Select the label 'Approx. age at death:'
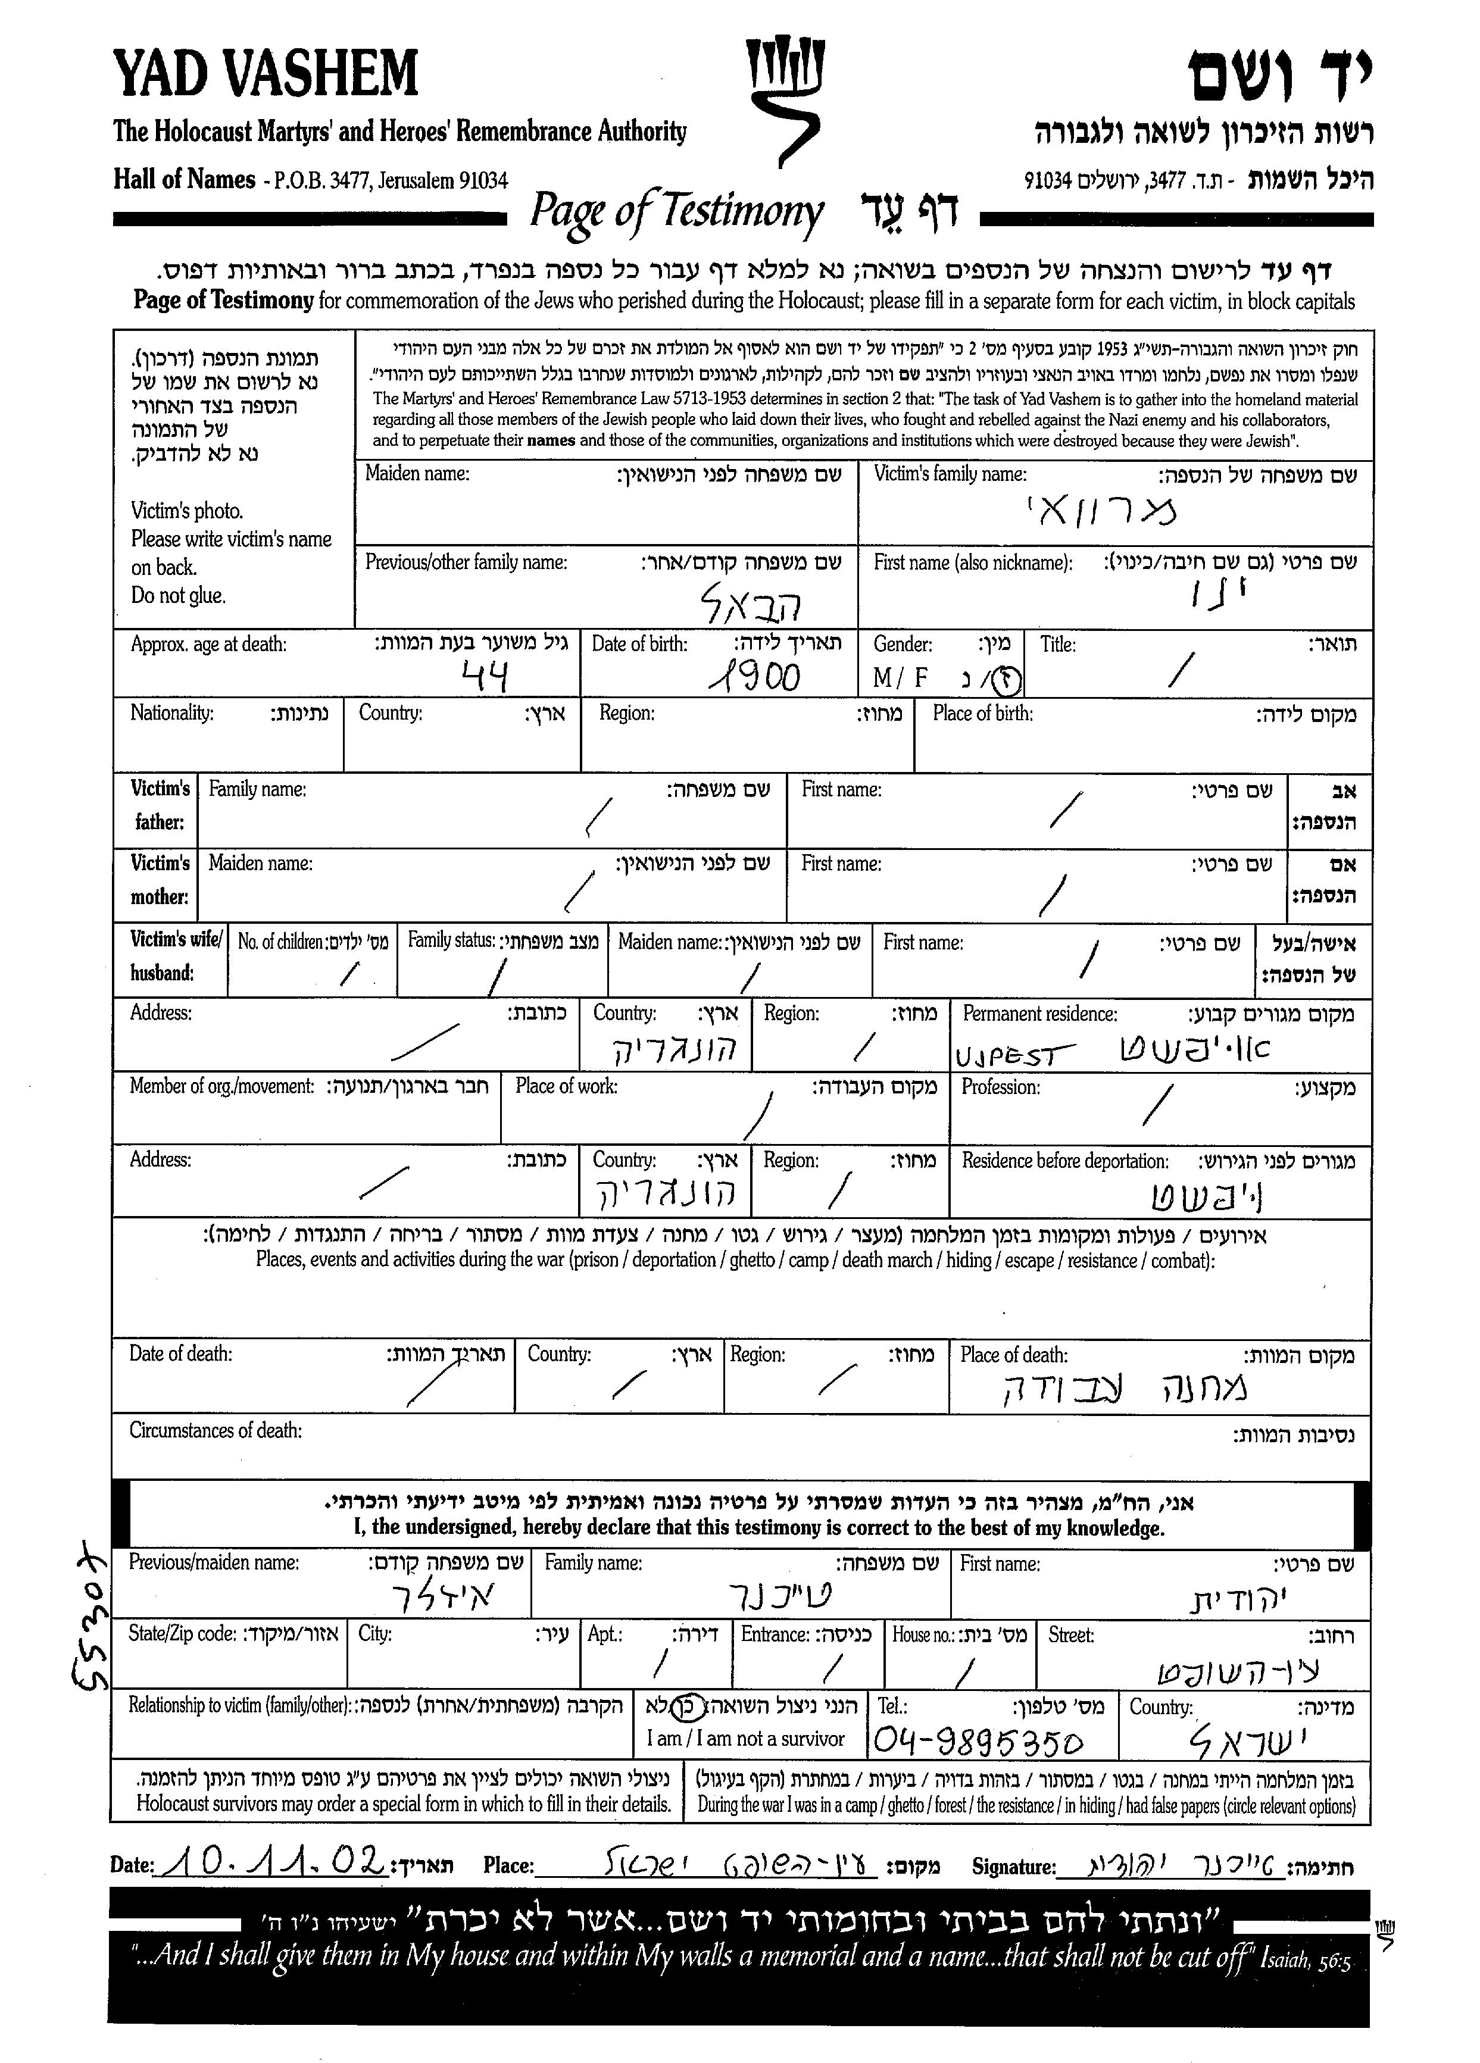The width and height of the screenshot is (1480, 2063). [x=208, y=644]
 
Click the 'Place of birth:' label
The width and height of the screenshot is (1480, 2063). [x=982, y=713]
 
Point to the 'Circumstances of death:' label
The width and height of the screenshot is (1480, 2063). [x=215, y=1430]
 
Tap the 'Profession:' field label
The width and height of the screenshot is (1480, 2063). [x=1000, y=1087]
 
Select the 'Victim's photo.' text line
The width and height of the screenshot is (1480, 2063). [x=186, y=510]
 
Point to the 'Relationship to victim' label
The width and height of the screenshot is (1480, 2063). [x=239, y=1705]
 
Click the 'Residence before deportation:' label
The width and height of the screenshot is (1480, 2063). [x=1065, y=1161]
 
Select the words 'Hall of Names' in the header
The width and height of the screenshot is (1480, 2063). [x=184, y=179]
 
